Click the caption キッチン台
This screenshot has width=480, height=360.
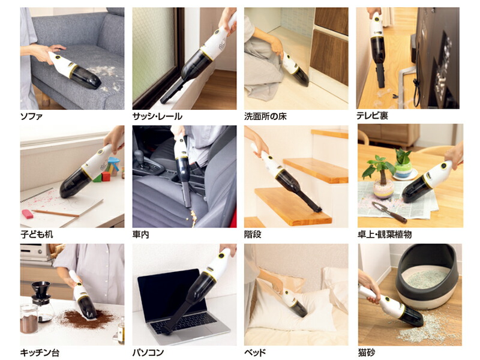tap(40, 353)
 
